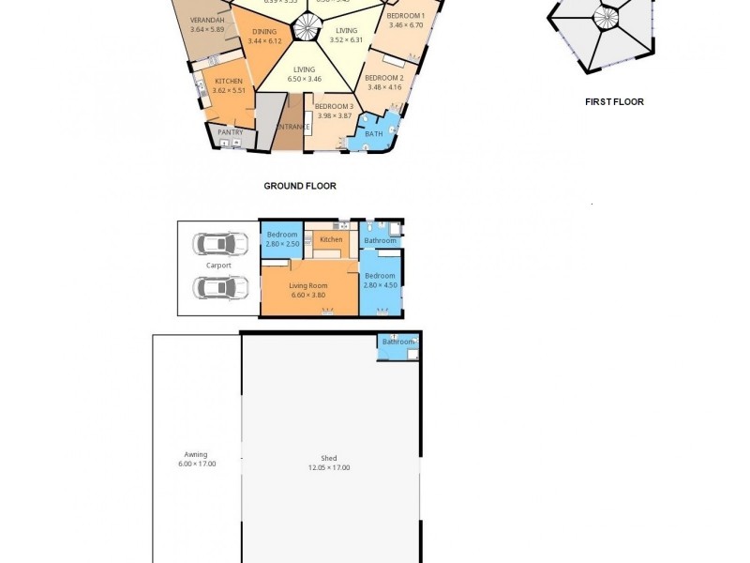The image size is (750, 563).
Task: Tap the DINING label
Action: (264, 31)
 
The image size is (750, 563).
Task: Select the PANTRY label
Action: (231, 132)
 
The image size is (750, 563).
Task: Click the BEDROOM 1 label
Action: (405, 16)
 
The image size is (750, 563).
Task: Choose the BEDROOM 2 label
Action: (384, 78)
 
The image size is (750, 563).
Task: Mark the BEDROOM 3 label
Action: (334, 107)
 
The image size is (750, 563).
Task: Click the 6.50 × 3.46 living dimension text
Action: (304, 79)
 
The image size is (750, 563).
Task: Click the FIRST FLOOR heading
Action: (614, 101)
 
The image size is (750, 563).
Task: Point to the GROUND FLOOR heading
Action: (300, 186)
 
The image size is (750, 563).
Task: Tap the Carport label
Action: (218, 266)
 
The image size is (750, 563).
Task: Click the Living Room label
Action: (307, 285)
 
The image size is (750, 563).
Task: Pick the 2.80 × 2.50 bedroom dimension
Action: (282, 244)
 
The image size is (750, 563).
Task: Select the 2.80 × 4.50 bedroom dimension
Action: (381, 285)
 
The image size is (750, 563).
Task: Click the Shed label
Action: (329, 458)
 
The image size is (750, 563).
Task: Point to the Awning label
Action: (196, 454)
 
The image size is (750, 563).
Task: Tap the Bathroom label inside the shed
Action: (397, 342)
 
